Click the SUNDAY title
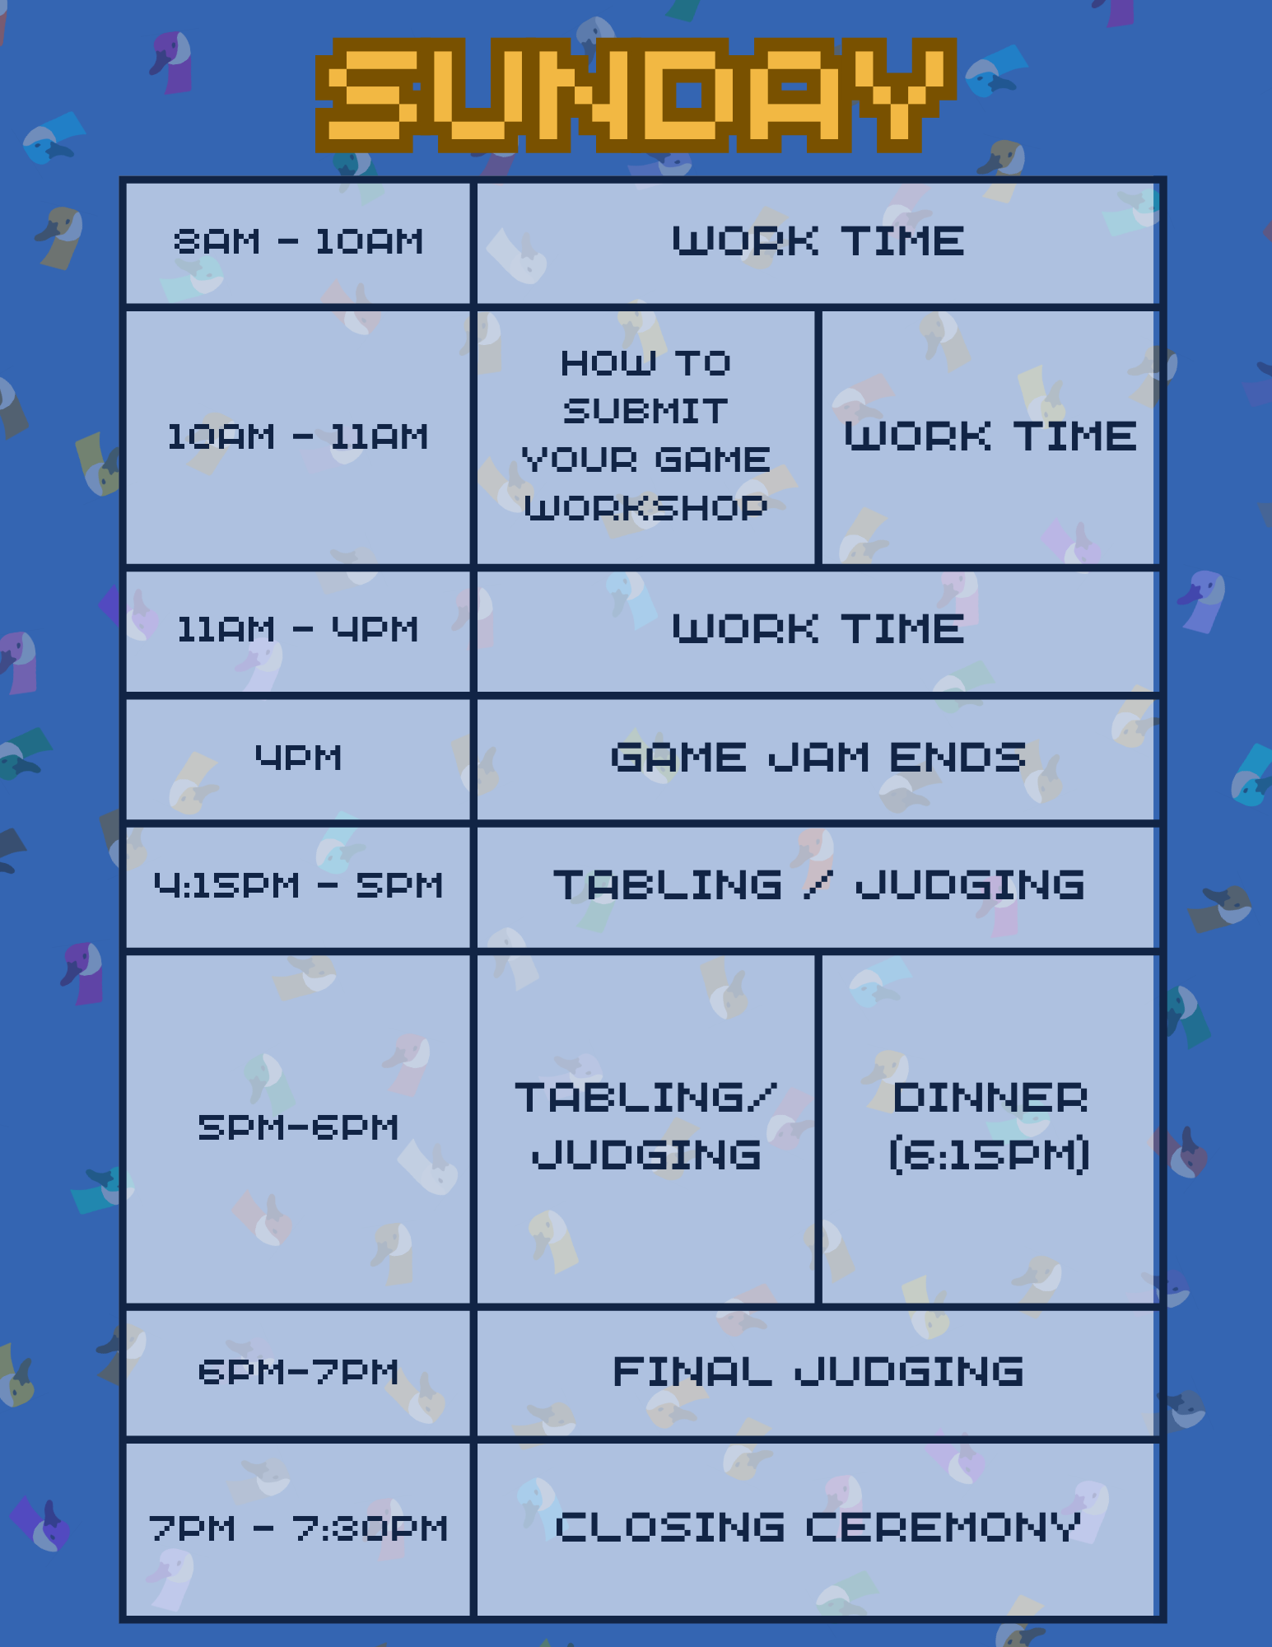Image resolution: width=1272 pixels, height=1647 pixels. click(636, 95)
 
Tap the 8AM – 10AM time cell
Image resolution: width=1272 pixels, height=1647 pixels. click(298, 242)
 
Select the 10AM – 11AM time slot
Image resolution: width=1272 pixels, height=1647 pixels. click(298, 437)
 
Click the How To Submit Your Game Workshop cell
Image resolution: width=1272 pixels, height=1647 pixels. click(645, 437)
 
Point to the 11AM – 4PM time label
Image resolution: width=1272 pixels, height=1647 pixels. click(298, 630)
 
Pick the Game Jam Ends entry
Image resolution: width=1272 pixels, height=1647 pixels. click(818, 758)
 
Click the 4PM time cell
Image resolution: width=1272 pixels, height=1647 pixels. click(298, 758)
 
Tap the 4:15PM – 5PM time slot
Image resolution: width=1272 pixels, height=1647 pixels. click(298, 886)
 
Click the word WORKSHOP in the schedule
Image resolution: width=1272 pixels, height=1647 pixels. click(645, 508)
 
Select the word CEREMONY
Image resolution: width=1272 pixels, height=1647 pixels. click(944, 1528)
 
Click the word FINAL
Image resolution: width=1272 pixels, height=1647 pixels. click(692, 1372)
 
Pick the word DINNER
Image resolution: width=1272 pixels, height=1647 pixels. click(990, 1099)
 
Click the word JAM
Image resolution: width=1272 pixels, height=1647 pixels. click(819, 758)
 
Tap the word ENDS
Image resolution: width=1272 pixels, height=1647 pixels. click(957, 758)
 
